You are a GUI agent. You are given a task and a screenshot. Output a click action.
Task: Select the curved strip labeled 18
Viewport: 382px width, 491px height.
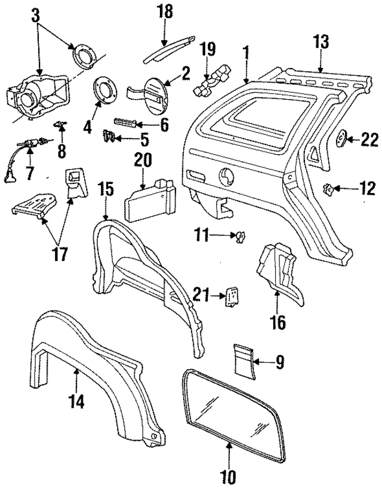[170, 48]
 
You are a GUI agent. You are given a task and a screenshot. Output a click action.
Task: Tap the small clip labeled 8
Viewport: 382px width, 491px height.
[60, 124]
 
